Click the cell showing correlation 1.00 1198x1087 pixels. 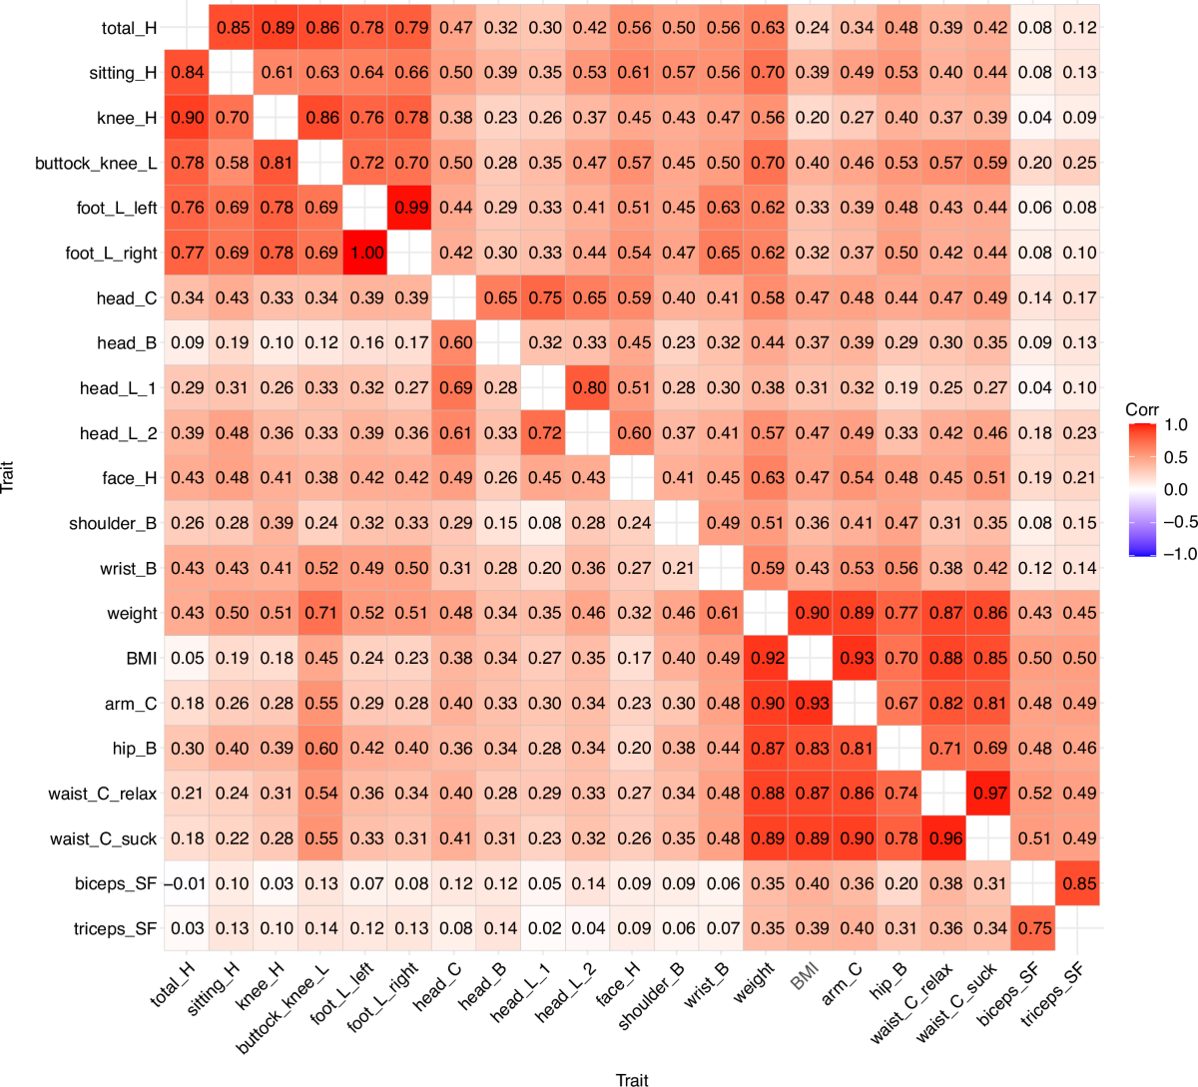(x=366, y=253)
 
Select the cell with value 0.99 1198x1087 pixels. (x=411, y=208)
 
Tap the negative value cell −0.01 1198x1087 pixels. (x=187, y=883)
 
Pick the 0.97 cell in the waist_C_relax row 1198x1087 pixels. (x=990, y=794)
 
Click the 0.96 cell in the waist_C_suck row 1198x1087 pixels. (x=945, y=838)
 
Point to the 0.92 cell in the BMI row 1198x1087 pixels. (x=767, y=659)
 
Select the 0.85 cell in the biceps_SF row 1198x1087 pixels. (x=1079, y=883)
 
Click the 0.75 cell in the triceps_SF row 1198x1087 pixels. (x=1034, y=928)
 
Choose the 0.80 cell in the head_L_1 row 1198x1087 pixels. (x=589, y=388)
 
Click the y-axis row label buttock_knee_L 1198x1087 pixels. (x=96, y=163)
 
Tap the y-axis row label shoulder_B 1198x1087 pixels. (x=113, y=523)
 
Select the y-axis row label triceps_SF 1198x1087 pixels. (x=116, y=928)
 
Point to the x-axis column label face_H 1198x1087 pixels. (x=618, y=986)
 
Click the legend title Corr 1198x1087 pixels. (x=1142, y=410)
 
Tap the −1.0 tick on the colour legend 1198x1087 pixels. (x=1175, y=554)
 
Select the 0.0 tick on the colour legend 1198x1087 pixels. (x=1176, y=489)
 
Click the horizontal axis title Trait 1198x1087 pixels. (x=632, y=1079)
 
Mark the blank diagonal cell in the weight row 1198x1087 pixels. (x=767, y=613)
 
